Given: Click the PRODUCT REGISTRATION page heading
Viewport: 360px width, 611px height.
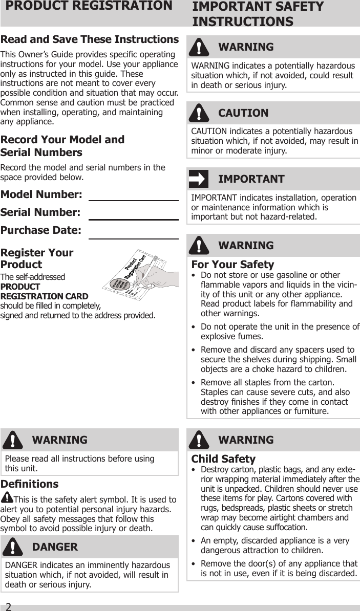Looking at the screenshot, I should (87, 7).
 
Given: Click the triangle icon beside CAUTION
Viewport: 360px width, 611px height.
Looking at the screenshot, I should (199, 113).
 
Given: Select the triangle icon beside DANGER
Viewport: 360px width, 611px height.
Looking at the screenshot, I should (12, 547).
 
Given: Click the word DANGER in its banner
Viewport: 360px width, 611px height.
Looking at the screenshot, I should (55, 547).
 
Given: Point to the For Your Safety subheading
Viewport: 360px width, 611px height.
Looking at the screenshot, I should (232, 265).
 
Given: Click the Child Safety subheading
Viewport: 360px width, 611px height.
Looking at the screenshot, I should (223, 459).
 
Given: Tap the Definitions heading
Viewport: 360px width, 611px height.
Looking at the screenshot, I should (30, 484).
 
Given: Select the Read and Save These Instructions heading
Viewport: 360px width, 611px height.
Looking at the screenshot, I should (90, 40).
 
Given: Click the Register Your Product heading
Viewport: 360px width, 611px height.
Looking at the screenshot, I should (37, 258).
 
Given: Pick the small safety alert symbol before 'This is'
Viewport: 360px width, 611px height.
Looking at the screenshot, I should (8, 497).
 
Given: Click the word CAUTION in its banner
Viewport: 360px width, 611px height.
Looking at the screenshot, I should (243, 113).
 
